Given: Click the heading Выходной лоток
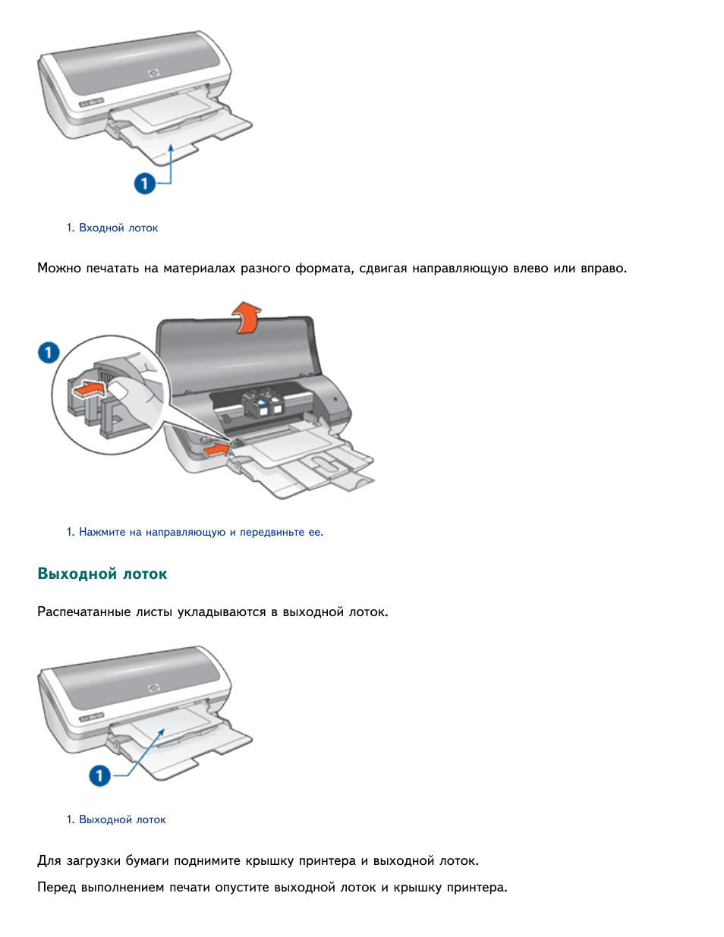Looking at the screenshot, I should [102, 574].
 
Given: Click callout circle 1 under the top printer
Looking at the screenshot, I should [145, 183].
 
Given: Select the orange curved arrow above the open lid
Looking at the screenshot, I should [247, 316].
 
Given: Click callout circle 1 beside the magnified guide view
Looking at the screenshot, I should [49, 352].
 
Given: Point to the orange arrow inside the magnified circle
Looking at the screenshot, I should [88, 389].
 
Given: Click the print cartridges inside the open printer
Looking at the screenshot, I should [262, 403].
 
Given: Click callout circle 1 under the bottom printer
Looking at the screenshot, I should [99, 775].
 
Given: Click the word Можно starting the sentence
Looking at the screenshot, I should [58, 268].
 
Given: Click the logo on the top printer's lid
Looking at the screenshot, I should [154, 73].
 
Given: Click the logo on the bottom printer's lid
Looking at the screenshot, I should [154, 687].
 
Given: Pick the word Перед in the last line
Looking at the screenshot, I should [56, 887].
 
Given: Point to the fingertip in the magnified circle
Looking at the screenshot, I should [119, 390].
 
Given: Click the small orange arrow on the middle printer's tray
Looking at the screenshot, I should [216, 449].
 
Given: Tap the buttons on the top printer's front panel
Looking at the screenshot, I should [91, 102].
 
